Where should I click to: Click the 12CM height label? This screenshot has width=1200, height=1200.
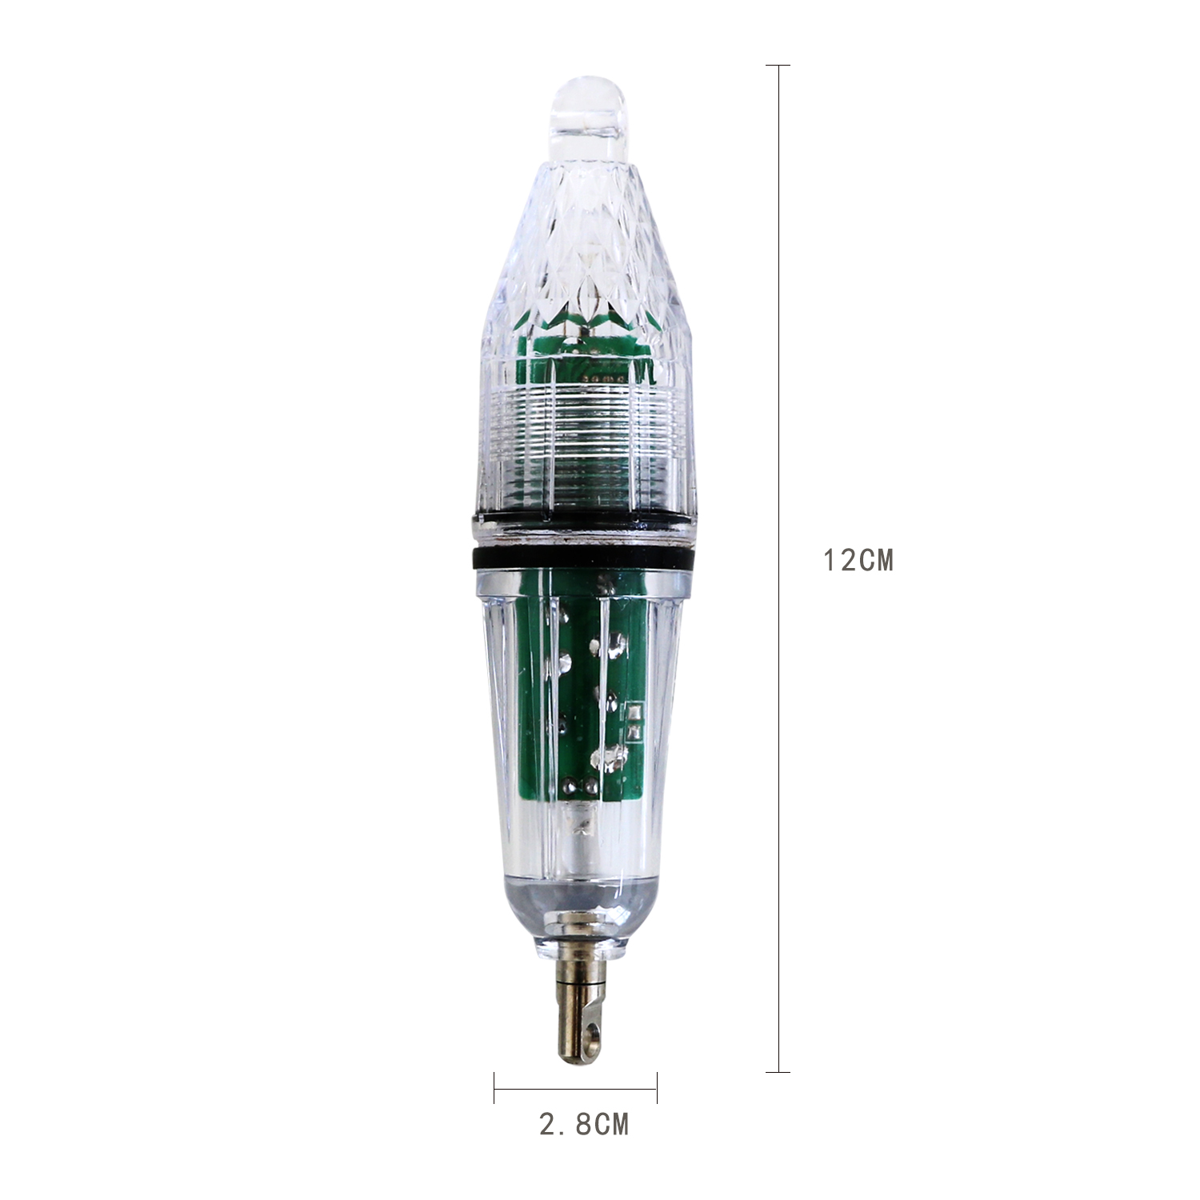[858, 561]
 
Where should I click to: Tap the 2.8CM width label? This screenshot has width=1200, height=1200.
[584, 1124]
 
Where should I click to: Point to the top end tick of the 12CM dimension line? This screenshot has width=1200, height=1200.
[778, 65]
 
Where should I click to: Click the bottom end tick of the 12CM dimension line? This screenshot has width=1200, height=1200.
[778, 1071]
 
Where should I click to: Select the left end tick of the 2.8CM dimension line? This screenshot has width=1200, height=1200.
[494, 1087]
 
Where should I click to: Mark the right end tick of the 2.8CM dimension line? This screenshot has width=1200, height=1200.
[657, 1087]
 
